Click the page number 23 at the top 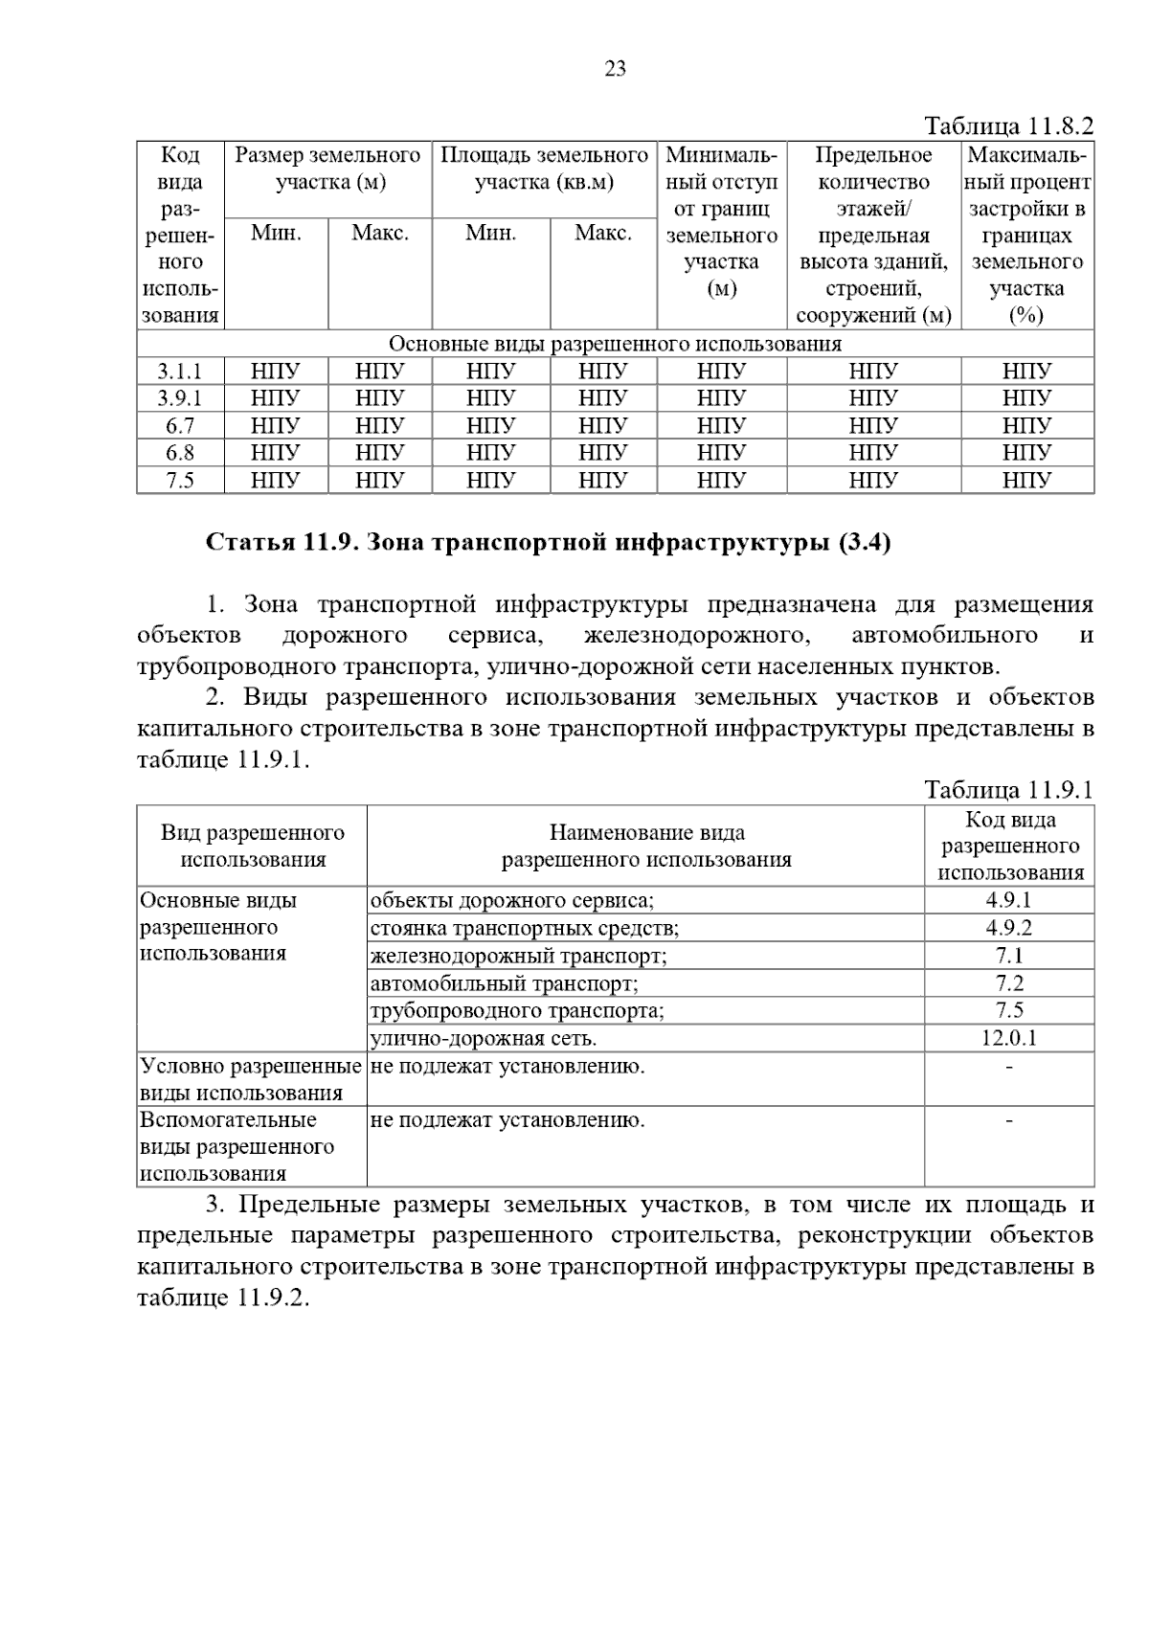click(615, 69)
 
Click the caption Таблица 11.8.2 click(1007, 126)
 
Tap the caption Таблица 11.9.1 click(1007, 790)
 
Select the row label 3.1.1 click(180, 372)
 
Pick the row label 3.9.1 click(180, 398)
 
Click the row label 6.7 click(180, 426)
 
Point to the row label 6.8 click(180, 453)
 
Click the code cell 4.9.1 click(1008, 900)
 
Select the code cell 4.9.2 click(1008, 928)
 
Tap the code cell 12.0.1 click(1008, 1038)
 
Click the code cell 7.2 click(1008, 983)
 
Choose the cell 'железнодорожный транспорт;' click(518, 956)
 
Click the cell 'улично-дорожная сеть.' click(484, 1038)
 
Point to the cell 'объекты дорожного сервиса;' click(511, 900)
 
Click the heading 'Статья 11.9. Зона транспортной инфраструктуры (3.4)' click(549, 543)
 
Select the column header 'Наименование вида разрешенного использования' click(646, 846)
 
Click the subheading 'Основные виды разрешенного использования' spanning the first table click(615, 344)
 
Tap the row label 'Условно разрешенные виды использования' click(251, 1079)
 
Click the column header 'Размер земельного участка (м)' click(328, 169)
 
